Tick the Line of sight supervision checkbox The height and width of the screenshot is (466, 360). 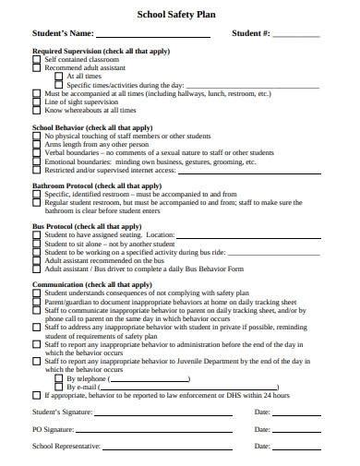pyautogui.click(x=37, y=102)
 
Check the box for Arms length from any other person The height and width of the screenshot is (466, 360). pyautogui.click(x=37, y=145)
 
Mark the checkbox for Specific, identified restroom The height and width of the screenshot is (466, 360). pyautogui.click(x=37, y=195)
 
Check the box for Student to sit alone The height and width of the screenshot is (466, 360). pyautogui.click(x=37, y=245)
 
